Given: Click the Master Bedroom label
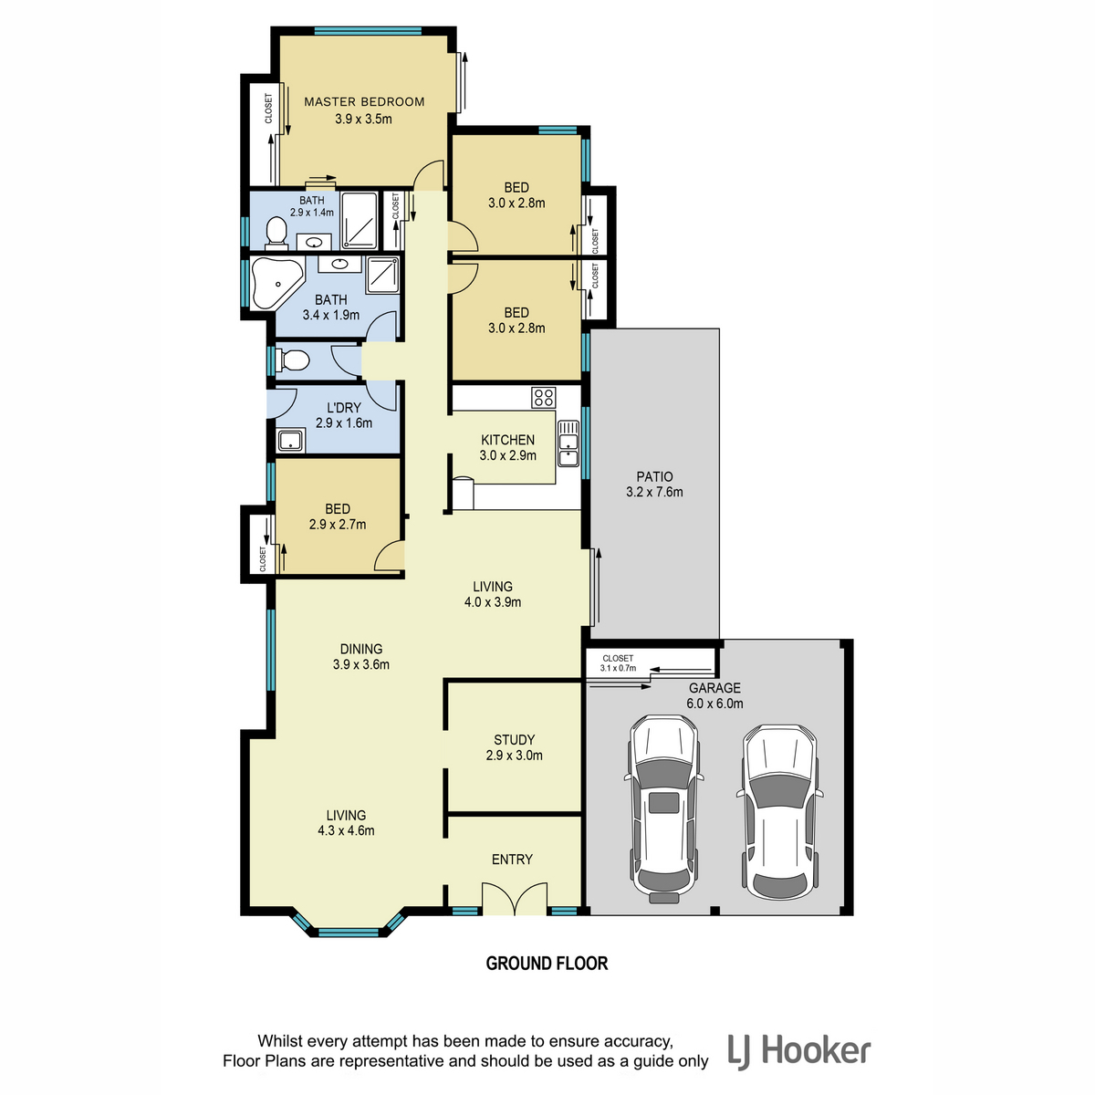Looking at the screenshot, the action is tap(364, 101).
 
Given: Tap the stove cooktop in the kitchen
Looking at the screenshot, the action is tap(543, 397).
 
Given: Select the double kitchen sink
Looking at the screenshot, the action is tap(568, 443).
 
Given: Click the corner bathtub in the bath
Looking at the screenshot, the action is tap(276, 283).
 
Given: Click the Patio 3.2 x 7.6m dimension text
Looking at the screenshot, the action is tap(654, 492).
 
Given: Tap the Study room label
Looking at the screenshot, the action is tap(514, 740).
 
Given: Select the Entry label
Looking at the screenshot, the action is tap(512, 860).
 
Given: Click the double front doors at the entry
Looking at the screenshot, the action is tap(515, 899).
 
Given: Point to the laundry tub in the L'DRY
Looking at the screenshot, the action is tap(291, 441).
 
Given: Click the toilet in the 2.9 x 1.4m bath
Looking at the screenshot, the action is tap(276, 233).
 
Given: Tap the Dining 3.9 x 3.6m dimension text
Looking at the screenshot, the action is tap(361, 664).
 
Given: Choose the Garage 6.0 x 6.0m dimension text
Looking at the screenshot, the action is tap(714, 703).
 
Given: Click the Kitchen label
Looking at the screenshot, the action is tap(507, 440).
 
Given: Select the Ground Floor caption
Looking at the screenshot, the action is tap(547, 964).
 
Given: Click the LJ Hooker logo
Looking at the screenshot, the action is tap(799, 1050).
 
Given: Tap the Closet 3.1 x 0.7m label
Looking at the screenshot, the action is tap(618, 663).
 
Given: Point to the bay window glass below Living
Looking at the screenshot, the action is tap(349, 933).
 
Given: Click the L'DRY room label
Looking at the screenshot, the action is tap(344, 407).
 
